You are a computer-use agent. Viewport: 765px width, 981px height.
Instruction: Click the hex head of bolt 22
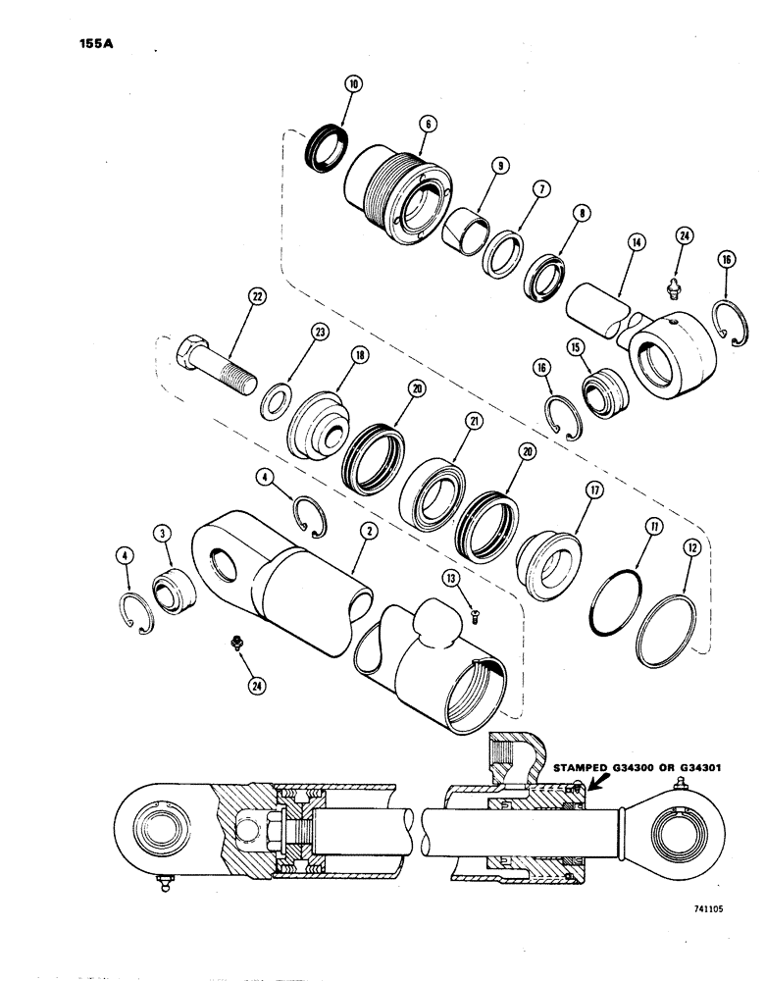(x=191, y=350)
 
